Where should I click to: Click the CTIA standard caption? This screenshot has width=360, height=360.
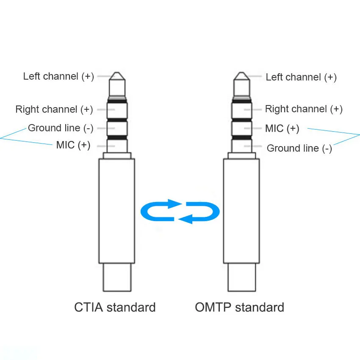(115, 307)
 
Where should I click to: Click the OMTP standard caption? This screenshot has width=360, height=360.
(239, 307)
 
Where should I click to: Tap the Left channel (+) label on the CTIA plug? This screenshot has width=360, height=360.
(58, 77)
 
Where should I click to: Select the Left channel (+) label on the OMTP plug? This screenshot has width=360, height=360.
(301, 77)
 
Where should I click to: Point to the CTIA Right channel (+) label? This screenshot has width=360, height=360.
(54, 109)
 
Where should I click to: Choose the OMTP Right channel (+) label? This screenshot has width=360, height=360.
(304, 109)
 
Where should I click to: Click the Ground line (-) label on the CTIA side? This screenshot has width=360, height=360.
(61, 128)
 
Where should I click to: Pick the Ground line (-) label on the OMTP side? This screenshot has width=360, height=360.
(299, 148)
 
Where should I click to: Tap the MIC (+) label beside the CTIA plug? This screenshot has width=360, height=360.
(73, 145)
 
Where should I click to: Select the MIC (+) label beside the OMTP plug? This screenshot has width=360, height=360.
(282, 128)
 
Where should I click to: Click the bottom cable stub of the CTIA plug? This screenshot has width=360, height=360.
(117, 277)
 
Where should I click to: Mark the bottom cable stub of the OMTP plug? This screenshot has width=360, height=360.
(242, 277)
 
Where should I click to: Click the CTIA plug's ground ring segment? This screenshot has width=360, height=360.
(117, 128)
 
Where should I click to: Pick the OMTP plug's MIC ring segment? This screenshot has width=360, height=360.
(242, 128)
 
